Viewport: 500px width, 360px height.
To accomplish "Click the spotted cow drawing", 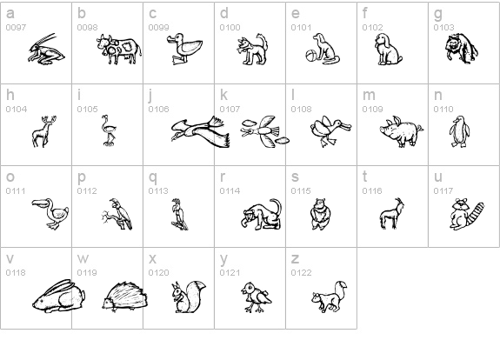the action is click(119, 49).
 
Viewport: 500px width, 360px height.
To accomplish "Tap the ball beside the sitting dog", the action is click(311, 57).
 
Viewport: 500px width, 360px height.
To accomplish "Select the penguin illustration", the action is click(459, 131).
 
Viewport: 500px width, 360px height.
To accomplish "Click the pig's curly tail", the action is click(420, 128).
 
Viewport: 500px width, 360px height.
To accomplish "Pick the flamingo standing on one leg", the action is click(109, 130).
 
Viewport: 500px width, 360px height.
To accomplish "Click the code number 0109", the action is click(372, 110).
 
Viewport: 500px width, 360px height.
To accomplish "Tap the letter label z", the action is click(295, 258).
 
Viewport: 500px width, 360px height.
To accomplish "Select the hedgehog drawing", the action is click(124, 296).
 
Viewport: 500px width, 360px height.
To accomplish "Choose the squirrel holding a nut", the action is click(188, 297).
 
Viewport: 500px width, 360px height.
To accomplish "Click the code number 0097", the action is click(16, 28).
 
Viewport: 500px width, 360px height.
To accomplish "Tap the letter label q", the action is click(152, 177).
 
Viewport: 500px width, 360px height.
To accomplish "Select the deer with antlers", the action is click(44, 131).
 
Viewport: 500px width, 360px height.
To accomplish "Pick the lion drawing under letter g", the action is click(462, 48).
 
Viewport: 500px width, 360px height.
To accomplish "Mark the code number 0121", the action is click(230, 273).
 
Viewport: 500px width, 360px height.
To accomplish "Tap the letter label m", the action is click(369, 95).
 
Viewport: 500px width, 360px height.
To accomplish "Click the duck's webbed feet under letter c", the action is click(178, 60).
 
